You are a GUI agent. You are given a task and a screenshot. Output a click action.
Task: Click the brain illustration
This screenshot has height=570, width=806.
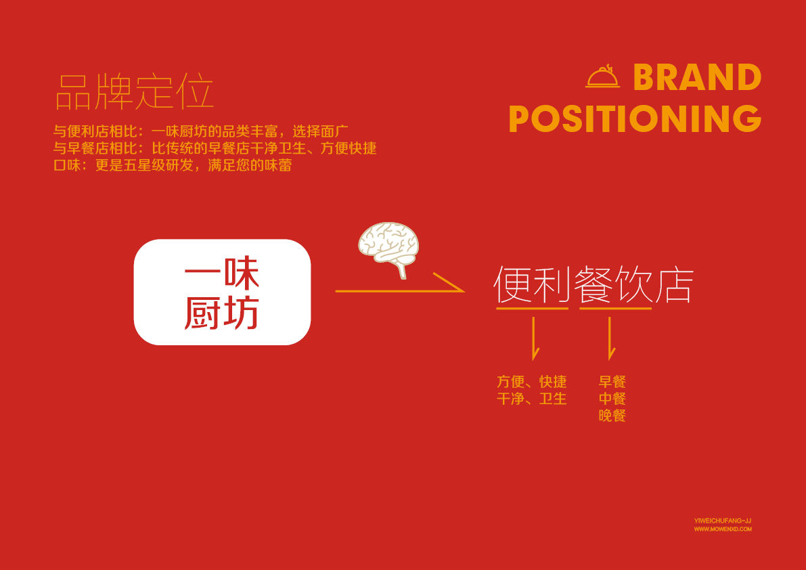point(388,246)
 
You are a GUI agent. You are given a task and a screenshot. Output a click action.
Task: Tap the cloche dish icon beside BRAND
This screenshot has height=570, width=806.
point(603,76)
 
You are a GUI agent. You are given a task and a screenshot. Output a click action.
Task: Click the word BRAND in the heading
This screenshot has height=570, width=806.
point(697,78)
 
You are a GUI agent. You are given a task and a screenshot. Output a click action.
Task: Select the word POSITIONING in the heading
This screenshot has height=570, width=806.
point(635,118)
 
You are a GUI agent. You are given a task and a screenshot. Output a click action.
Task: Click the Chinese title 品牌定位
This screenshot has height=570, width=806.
point(134,92)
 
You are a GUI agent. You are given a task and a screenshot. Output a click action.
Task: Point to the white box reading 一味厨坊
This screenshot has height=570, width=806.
point(222,292)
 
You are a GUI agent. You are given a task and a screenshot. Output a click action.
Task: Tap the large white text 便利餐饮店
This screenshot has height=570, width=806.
point(594,284)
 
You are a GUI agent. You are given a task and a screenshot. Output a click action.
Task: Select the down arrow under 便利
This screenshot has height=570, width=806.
point(535,338)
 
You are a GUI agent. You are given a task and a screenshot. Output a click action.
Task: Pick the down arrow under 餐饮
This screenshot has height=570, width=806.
point(610,338)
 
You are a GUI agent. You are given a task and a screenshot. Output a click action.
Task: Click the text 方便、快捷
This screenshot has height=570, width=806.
point(531,381)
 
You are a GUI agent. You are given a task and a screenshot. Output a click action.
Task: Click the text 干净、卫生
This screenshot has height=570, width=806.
point(531,398)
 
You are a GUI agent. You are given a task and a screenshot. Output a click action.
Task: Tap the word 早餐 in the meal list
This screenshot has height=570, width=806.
point(612,381)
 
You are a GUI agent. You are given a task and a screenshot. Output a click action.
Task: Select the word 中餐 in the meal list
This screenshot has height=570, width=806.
point(612,398)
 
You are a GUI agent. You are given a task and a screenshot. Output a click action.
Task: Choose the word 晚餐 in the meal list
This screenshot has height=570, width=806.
point(612,415)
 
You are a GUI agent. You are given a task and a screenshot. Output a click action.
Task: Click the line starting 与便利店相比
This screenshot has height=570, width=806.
point(201,131)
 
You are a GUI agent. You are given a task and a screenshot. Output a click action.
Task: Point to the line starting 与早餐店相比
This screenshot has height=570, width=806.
point(215,148)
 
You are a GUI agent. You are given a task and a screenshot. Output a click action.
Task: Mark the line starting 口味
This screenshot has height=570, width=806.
point(173,165)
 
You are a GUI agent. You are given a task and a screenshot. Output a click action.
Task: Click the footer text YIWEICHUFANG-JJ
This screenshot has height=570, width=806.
point(722,521)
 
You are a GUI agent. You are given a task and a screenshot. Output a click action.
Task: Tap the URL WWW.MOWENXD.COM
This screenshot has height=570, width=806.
point(722,529)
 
